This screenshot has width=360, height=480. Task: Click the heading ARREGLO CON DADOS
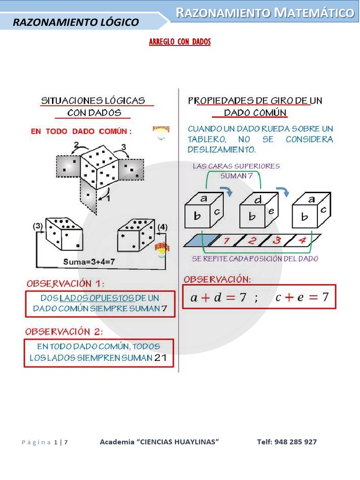pos(180,42)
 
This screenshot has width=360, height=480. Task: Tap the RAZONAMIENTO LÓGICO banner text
pos(75,22)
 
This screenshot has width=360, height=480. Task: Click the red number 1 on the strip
pos(226,241)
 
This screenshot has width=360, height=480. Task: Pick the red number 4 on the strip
pos(302,241)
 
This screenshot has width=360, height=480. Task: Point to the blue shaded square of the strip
pos(200,240)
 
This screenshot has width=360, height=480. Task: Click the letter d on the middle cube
pos(258,199)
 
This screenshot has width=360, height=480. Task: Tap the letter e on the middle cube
pos(271,211)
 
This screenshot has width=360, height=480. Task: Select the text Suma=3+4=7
pos(89,262)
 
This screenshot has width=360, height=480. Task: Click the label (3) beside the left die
pos(37,226)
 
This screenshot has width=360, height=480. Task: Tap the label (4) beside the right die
pos(162,227)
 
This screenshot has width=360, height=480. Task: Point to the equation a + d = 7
pos(218,297)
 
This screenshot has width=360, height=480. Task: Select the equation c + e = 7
pos(302,297)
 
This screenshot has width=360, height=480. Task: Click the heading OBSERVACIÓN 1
pos(65,284)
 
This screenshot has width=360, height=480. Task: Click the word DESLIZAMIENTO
pos(222,150)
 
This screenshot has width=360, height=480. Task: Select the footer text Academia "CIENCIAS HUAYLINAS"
pos(159,442)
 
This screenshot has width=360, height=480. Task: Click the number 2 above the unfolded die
pos(76,144)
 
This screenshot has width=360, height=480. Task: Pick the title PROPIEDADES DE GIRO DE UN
pos(255,101)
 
